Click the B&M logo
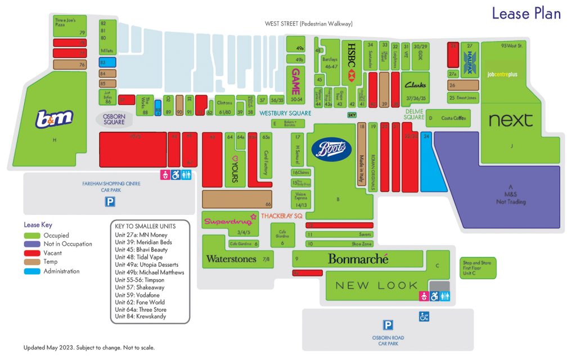(x=54, y=119)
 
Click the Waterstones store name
(x=231, y=259)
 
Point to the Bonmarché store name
(x=358, y=259)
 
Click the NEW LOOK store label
(x=376, y=286)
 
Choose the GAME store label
(x=295, y=81)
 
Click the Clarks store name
(x=415, y=85)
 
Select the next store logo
(x=510, y=120)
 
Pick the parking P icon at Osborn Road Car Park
(x=388, y=325)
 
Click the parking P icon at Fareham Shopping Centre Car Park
(x=111, y=201)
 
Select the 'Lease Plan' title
(x=526, y=13)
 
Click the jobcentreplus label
(x=502, y=74)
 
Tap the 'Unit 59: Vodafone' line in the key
(x=137, y=295)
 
